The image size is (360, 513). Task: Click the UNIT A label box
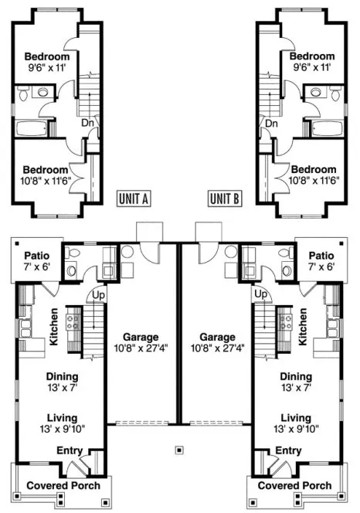[134, 199]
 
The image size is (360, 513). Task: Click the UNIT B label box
[226, 199]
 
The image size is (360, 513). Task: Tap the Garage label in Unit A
[140, 338]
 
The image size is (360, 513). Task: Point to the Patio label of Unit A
[37, 256]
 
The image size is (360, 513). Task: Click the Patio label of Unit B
[321, 256]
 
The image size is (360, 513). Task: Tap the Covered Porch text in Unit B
[295, 486]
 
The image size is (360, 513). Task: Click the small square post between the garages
[179, 448]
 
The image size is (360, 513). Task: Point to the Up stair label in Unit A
[99, 294]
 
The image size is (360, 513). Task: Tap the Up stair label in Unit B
[260, 294]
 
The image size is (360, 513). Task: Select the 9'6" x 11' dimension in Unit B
[312, 67]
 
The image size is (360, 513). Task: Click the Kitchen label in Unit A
[54, 327]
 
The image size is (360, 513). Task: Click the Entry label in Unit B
[288, 450]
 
